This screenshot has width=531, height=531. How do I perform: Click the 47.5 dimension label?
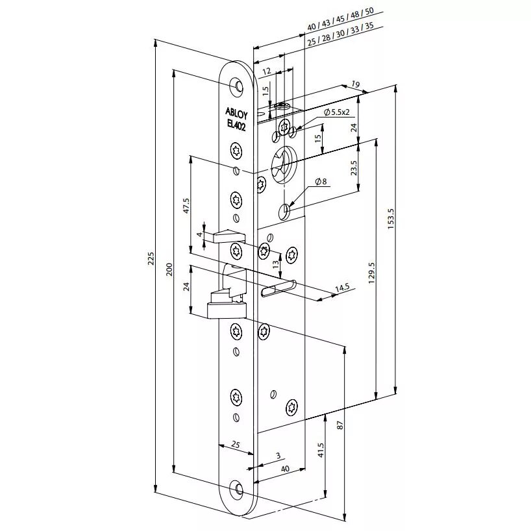[185, 206]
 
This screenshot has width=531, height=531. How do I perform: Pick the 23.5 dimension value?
[353, 168]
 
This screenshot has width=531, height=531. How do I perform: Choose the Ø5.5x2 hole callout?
[337, 112]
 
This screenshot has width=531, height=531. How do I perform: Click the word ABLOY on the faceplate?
[236, 111]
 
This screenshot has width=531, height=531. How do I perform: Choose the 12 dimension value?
[267, 70]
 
